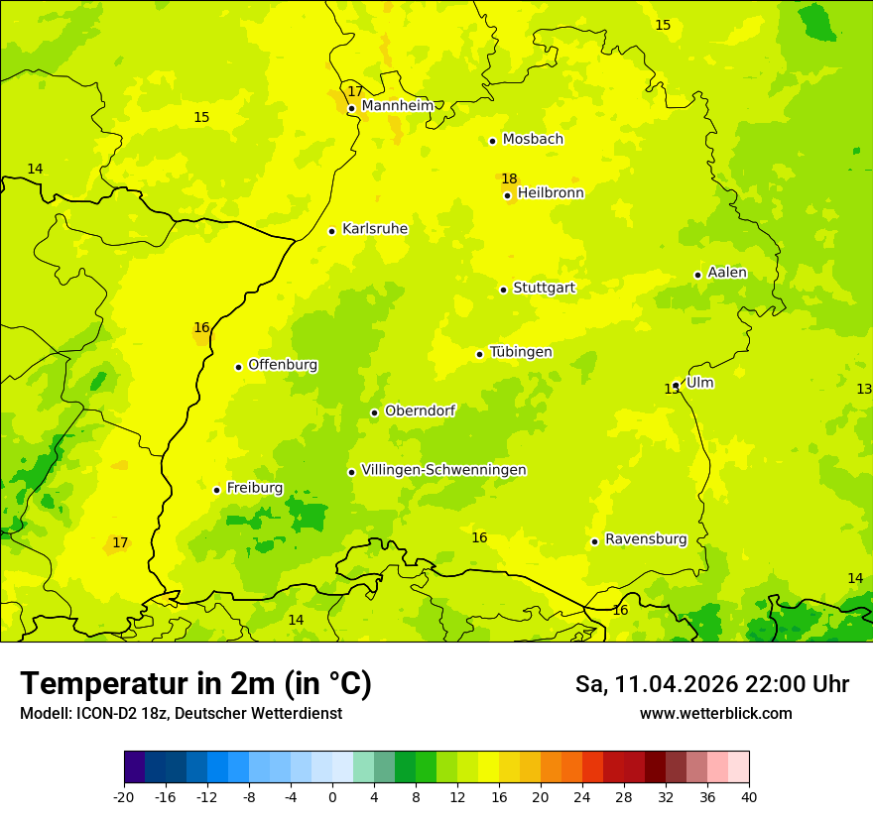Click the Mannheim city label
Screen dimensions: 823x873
[397, 106]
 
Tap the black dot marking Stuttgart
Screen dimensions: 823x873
[504, 290]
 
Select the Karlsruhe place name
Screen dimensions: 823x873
[375, 229]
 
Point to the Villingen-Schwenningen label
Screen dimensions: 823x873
[443, 470]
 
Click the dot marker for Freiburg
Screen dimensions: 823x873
[216, 490]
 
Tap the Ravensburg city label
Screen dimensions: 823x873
[646, 539]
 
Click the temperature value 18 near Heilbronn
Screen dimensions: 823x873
[509, 179]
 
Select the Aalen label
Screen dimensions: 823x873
[727, 273]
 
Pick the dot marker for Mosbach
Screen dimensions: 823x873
[492, 141]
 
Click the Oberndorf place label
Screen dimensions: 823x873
[420, 411]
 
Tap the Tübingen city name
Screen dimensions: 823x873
[521, 352]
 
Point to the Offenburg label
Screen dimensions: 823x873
[283, 365]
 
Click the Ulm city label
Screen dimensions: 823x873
[699, 383]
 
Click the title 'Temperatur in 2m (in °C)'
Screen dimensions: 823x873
[195, 683]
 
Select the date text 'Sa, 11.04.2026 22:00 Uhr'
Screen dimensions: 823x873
[711, 684]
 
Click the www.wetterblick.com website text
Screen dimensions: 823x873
[715, 713]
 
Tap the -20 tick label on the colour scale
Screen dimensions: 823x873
[124, 797]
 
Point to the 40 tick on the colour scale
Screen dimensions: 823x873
[748, 797]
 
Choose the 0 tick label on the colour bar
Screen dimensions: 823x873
[332, 797]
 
